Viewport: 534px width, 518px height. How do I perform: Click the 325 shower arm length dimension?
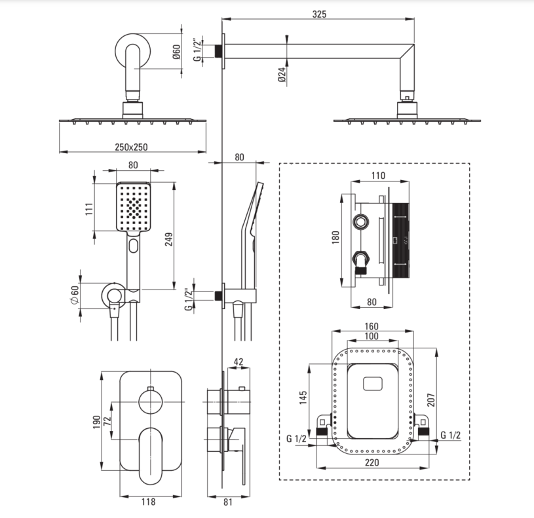319,14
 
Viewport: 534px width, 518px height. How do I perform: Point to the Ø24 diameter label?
281,75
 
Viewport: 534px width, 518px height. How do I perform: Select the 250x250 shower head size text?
132,147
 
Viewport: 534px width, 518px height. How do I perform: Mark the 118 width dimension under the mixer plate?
148,502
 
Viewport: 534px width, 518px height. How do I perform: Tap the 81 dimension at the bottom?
228,502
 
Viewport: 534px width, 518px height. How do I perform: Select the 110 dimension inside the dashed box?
378,176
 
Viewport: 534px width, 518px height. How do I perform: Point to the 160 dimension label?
371,325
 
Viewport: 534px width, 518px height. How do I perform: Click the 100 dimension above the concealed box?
372,335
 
